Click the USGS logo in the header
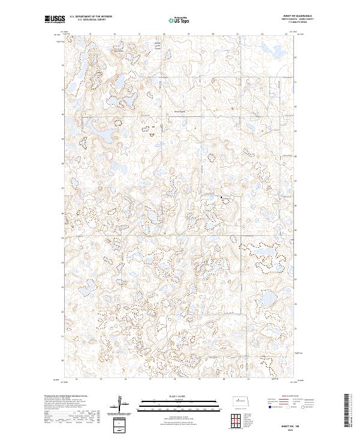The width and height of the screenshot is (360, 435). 54,19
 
